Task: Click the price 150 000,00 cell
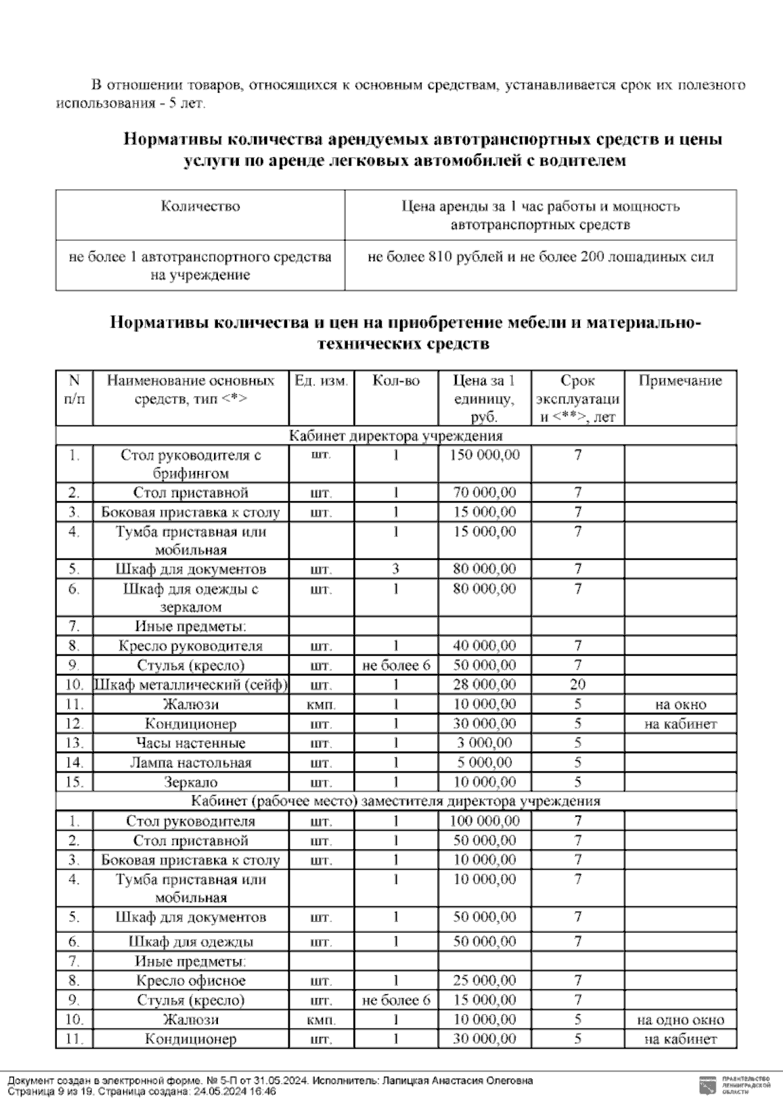pyautogui.click(x=484, y=455)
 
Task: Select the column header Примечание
pyautogui.click(x=680, y=381)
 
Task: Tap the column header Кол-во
pyautogui.click(x=395, y=381)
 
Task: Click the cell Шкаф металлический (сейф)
pyautogui.click(x=191, y=685)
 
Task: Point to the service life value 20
pyautogui.click(x=577, y=685)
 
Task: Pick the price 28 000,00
pyautogui.click(x=484, y=685)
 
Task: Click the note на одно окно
pyautogui.click(x=680, y=1020)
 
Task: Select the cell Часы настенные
pyautogui.click(x=191, y=743)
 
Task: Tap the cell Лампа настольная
pyautogui.click(x=191, y=763)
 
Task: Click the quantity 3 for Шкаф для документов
pyautogui.click(x=395, y=569)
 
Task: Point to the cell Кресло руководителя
pyautogui.click(x=191, y=646)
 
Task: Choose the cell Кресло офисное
pyautogui.click(x=191, y=981)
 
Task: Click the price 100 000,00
pyautogui.click(x=484, y=821)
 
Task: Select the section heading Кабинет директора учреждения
pyautogui.click(x=395, y=436)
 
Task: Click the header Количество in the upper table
pyautogui.click(x=200, y=207)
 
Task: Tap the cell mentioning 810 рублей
pyautogui.click(x=540, y=257)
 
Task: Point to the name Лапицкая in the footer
pyautogui.click(x=402, y=1081)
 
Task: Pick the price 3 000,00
pyautogui.click(x=484, y=743)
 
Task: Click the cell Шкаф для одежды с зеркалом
pyautogui.click(x=191, y=598)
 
